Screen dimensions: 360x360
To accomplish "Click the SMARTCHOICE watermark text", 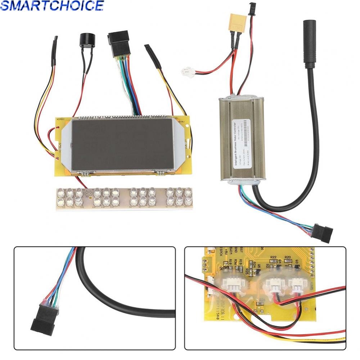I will [52, 6].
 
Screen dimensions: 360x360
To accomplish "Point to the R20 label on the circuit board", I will [288, 257].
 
